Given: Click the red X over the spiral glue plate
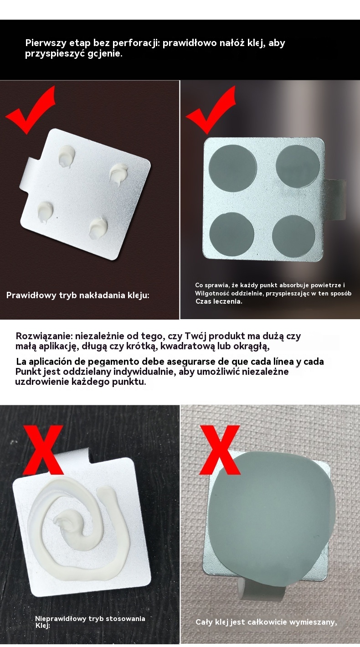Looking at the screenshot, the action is tap(43, 450).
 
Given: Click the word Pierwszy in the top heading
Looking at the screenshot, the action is tap(43, 43).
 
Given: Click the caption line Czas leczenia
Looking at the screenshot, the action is tap(219, 301).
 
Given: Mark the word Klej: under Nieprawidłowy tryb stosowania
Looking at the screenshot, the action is tap(42, 626).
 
